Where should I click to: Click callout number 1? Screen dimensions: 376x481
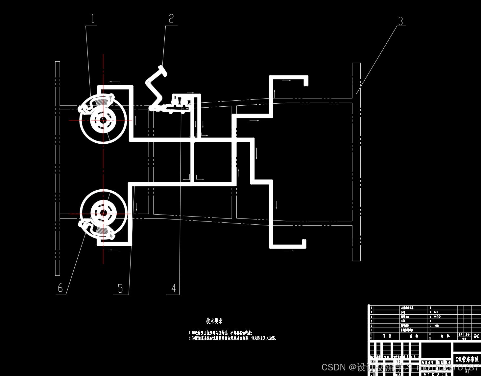point(92,19)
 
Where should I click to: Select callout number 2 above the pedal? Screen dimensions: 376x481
point(171,18)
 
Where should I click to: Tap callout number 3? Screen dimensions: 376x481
point(400,21)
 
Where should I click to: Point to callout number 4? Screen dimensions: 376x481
point(174,288)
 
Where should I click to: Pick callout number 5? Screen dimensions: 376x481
point(120,288)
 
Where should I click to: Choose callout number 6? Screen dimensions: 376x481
point(60,288)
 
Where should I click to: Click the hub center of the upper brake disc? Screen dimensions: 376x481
point(103,120)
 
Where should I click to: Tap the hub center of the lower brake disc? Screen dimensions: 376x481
point(103,213)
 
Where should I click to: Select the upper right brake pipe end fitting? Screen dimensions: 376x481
point(306,81)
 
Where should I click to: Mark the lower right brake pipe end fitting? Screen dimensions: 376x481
point(304,243)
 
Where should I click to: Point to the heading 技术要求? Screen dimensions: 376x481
point(214,321)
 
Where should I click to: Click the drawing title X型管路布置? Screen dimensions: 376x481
point(467,359)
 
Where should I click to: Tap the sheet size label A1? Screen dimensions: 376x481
point(467,371)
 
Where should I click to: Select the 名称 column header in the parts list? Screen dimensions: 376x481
point(414,336)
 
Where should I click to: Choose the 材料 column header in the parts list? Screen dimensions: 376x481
point(445,336)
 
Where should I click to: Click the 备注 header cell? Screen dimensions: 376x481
point(476,336)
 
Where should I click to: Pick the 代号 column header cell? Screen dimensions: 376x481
point(387,336)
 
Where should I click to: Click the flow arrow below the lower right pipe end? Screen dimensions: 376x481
point(288,250)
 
